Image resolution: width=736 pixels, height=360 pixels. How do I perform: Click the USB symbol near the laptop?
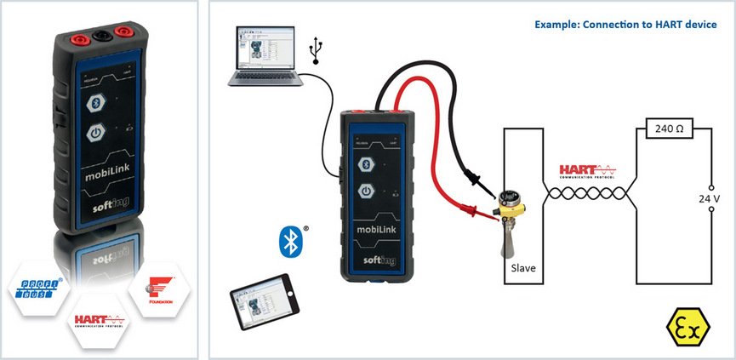[x=317, y=51]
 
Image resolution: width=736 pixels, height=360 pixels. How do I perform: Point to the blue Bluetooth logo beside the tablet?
[x=292, y=241]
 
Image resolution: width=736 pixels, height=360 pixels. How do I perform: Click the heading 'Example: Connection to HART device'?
[x=625, y=24]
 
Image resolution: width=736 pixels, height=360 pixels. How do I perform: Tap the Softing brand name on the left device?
[x=113, y=206]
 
